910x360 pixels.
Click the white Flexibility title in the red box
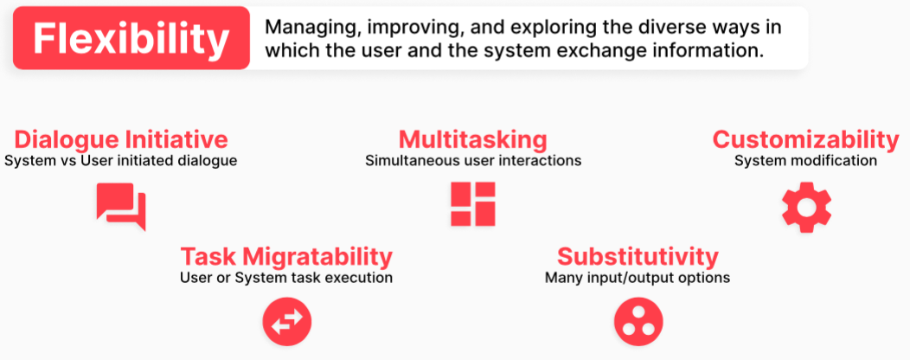click(x=131, y=39)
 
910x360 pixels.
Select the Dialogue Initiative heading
click(x=121, y=140)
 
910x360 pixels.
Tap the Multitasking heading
click(x=472, y=140)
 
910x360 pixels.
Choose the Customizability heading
click(x=805, y=140)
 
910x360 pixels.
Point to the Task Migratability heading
click(x=286, y=256)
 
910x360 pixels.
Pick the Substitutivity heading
click(x=638, y=256)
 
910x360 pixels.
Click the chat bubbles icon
click(x=121, y=206)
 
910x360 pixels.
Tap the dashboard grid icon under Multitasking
click(x=473, y=204)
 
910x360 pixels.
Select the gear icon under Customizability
click(x=807, y=208)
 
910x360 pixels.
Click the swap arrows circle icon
click(x=287, y=322)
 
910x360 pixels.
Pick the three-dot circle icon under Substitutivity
click(x=638, y=322)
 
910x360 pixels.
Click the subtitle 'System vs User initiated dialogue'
click(x=121, y=161)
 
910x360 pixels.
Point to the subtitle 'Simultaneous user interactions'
click(x=473, y=161)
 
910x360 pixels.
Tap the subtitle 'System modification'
click(x=805, y=161)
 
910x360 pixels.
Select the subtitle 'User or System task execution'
click(x=286, y=278)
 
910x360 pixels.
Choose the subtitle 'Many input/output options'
click(x=638, y=278)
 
